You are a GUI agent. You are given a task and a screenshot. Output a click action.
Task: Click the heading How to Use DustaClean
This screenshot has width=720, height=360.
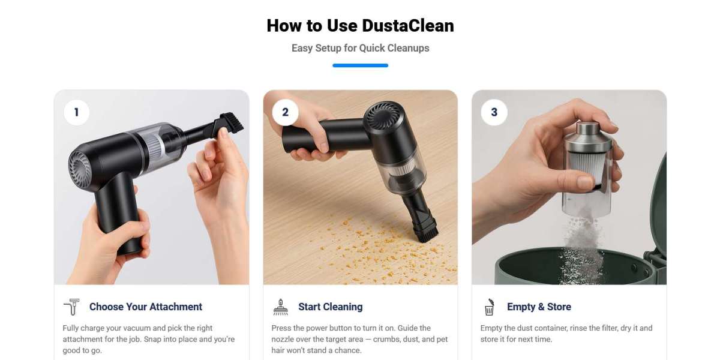click(x=360, y=26)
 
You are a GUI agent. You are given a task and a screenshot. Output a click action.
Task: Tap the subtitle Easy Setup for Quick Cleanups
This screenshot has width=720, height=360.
click(x=360, y=48)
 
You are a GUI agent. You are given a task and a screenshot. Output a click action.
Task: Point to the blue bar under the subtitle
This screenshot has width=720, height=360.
click(x=360, y=65)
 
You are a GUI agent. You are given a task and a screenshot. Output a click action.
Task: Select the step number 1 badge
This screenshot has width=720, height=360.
click(x=76, y=112)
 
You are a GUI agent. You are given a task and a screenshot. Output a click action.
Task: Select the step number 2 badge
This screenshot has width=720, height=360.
click(x=285, y=112)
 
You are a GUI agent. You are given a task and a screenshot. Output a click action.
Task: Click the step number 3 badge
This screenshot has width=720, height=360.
click(x=494, y=112)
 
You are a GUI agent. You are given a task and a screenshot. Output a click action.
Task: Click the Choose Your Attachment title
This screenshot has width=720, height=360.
click(x=146, y=307)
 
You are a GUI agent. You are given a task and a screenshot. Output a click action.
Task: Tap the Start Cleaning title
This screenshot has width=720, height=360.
click(x=331, y=307)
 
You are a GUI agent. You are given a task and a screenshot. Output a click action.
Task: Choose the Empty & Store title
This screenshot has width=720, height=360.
click(x=539, y=307)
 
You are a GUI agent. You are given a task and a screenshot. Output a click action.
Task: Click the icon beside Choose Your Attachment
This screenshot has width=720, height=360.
click(x=71, y=307)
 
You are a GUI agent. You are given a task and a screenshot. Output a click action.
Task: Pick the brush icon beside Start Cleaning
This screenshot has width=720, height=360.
click(x=280, y=307)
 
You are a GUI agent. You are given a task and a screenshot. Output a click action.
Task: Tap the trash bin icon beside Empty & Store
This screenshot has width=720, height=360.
click(x=489, y=307)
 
